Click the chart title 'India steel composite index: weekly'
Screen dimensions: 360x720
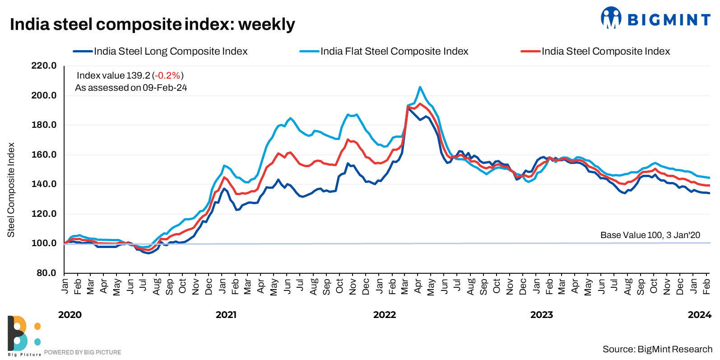pyautogui.click(x=152, y=24)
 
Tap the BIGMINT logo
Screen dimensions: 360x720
pyautogui.click(x=655, y=19)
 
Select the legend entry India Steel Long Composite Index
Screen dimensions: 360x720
pyautogui.click(x=170, y=51)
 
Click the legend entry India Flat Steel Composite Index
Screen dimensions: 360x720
pyautogui.click(x=394, y=51)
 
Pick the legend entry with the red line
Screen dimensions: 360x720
pyautogui.click(x=605, y=51)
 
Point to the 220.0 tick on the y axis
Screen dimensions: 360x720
pyautogui.click(x=44, y=66)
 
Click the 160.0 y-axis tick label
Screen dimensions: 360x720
pyautogui.click(x=44, y=154)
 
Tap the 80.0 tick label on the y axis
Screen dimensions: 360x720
pyautogui.click(x=46, y=273)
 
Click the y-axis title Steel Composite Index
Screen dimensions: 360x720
pyautogui.click(x=11, y=190)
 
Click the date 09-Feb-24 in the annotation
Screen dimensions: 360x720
pyautogui.click(x=165, y=88)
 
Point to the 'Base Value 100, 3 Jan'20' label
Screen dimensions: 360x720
pyautogui.click(x=650, y=235)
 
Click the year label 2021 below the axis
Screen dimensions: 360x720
pyautogui.click(x=226, y=315)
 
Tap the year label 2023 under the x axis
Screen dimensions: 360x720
pyautogui.click(x=541, y=315)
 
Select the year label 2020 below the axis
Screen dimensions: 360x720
pyautogui.click(x=70, y=315)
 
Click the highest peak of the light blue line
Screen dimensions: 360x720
pyautogui.click(x=420, y=87)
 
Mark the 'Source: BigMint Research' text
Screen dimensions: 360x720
pyautogui.click(x=657, y=349)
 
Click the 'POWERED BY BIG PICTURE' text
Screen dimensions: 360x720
pyautogui.click(x=83, y=352)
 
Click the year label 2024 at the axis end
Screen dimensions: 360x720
pyautogui.click(x=699, y=315)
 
